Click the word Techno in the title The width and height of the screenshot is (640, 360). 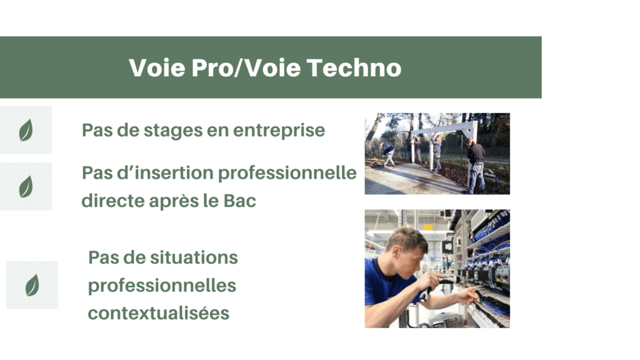[x=354, y=67]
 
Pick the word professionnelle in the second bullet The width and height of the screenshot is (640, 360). [x=287, y=174]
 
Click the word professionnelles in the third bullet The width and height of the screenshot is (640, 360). [x=162, y=286]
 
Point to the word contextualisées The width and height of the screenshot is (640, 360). [x=159, y=314]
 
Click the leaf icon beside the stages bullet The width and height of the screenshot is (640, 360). [x=26, y=130]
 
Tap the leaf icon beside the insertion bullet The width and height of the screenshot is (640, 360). [x=26, y=186]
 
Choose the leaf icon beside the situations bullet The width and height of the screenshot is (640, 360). [x=32, y=285]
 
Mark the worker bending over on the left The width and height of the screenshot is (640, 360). [x=387, y=154]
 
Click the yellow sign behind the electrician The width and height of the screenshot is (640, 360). [x=427, y=227]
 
